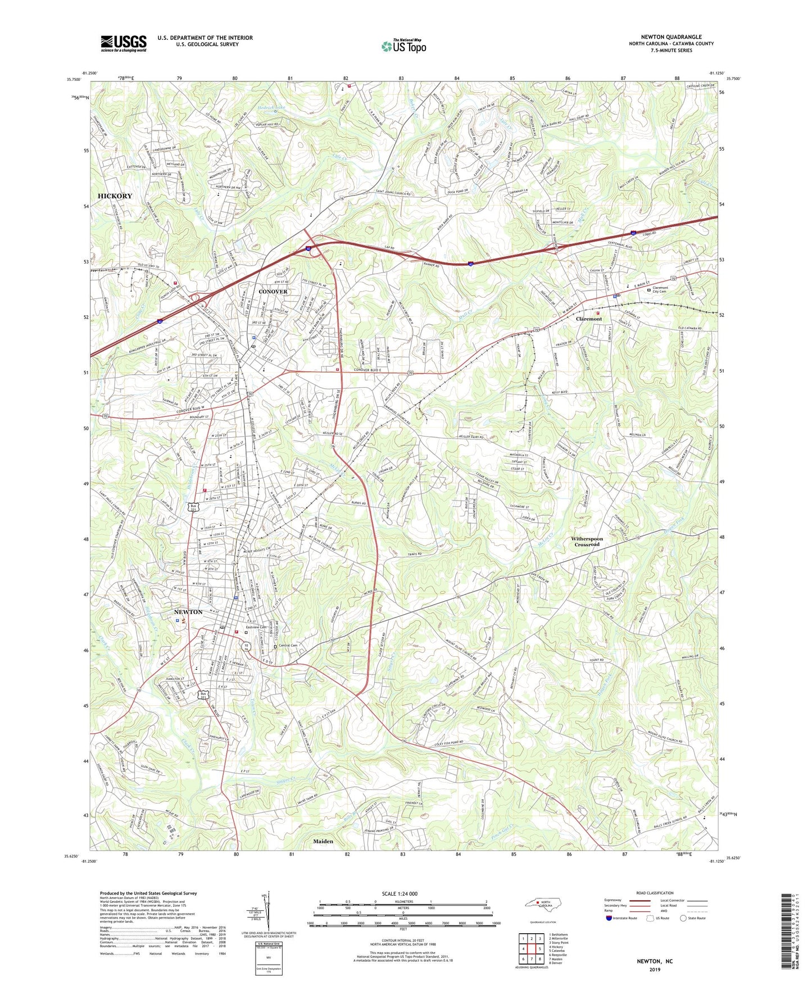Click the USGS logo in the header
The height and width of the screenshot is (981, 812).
[x=124, y=43]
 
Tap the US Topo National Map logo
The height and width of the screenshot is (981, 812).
[x=403, y=46]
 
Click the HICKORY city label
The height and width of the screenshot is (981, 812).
[x=115, y=196]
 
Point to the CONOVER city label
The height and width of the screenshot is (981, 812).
[x=273, y=292]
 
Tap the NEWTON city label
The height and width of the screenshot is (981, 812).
[x=188, y=612]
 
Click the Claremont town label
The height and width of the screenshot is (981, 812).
[x=589, y=319]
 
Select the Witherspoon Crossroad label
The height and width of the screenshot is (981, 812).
[x=587, y=541]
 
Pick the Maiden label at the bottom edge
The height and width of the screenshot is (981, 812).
[x=323, y=841]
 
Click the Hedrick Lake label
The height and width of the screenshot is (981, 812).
[x=272, y=107]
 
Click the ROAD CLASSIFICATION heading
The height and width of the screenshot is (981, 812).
[x=655, y=893]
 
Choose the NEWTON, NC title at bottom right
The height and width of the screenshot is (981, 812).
[x=654, y=961]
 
